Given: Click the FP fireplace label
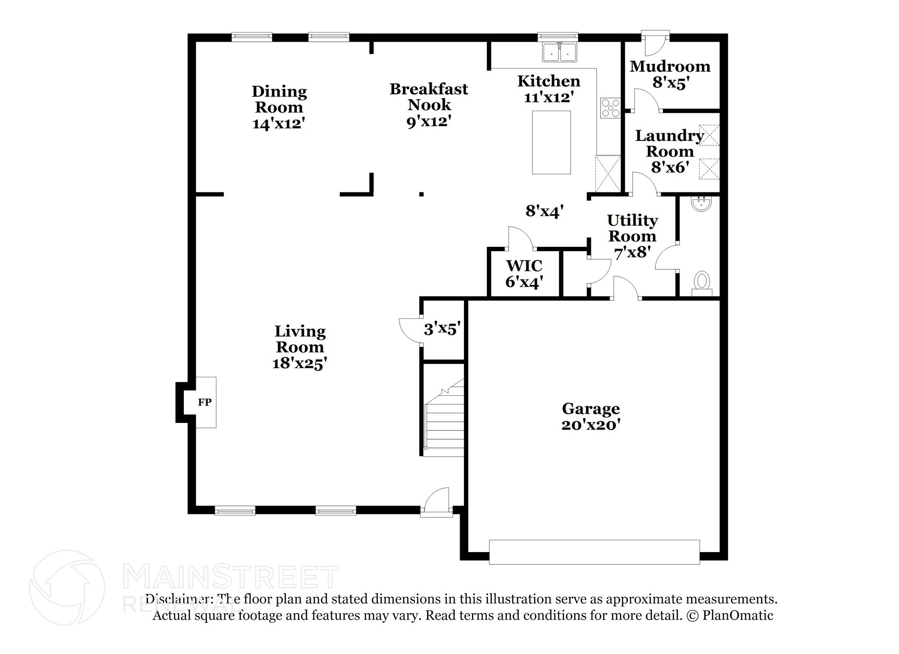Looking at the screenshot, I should click(x=205, y=402).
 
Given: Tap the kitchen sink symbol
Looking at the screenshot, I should click(x=560, y=52).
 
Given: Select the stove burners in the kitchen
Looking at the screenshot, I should click(x=610, y=108).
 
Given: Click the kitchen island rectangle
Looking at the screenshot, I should click(x=551, y=142).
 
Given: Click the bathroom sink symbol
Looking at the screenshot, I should click(x=701, y=204).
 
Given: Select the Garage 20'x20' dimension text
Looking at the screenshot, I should click(x=590, y=425).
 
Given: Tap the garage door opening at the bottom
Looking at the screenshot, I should click(x=594, y=552).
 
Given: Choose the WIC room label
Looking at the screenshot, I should click(x=524, y=266).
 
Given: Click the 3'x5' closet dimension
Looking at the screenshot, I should click(x=442, y=329).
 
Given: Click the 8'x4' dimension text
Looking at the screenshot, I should click(x=544, y=212).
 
